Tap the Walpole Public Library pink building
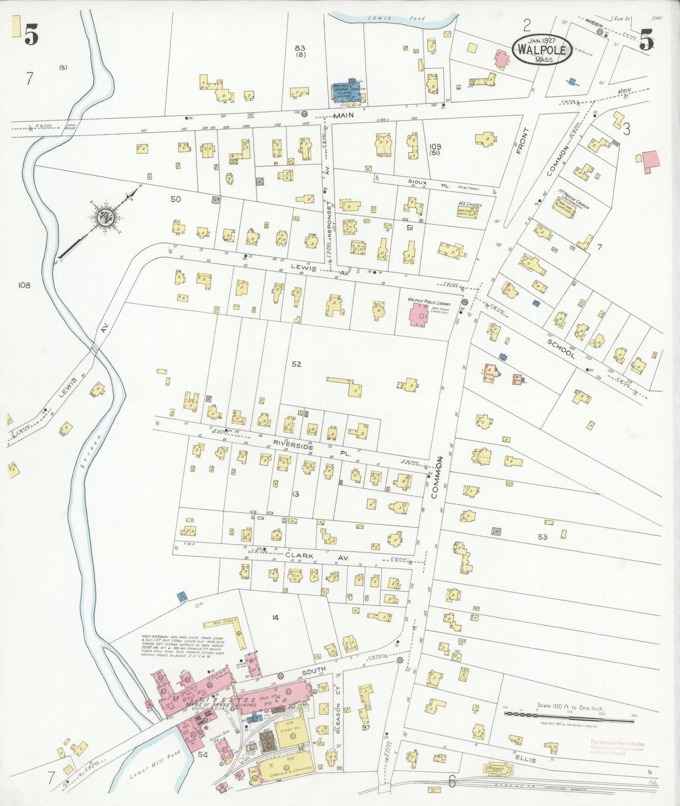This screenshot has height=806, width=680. point(418,315)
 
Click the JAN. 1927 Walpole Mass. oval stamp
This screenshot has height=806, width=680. point(543,49)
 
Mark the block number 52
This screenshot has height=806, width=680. point(296,364)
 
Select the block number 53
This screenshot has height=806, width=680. point(543,537)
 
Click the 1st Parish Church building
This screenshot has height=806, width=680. point(568,206)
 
